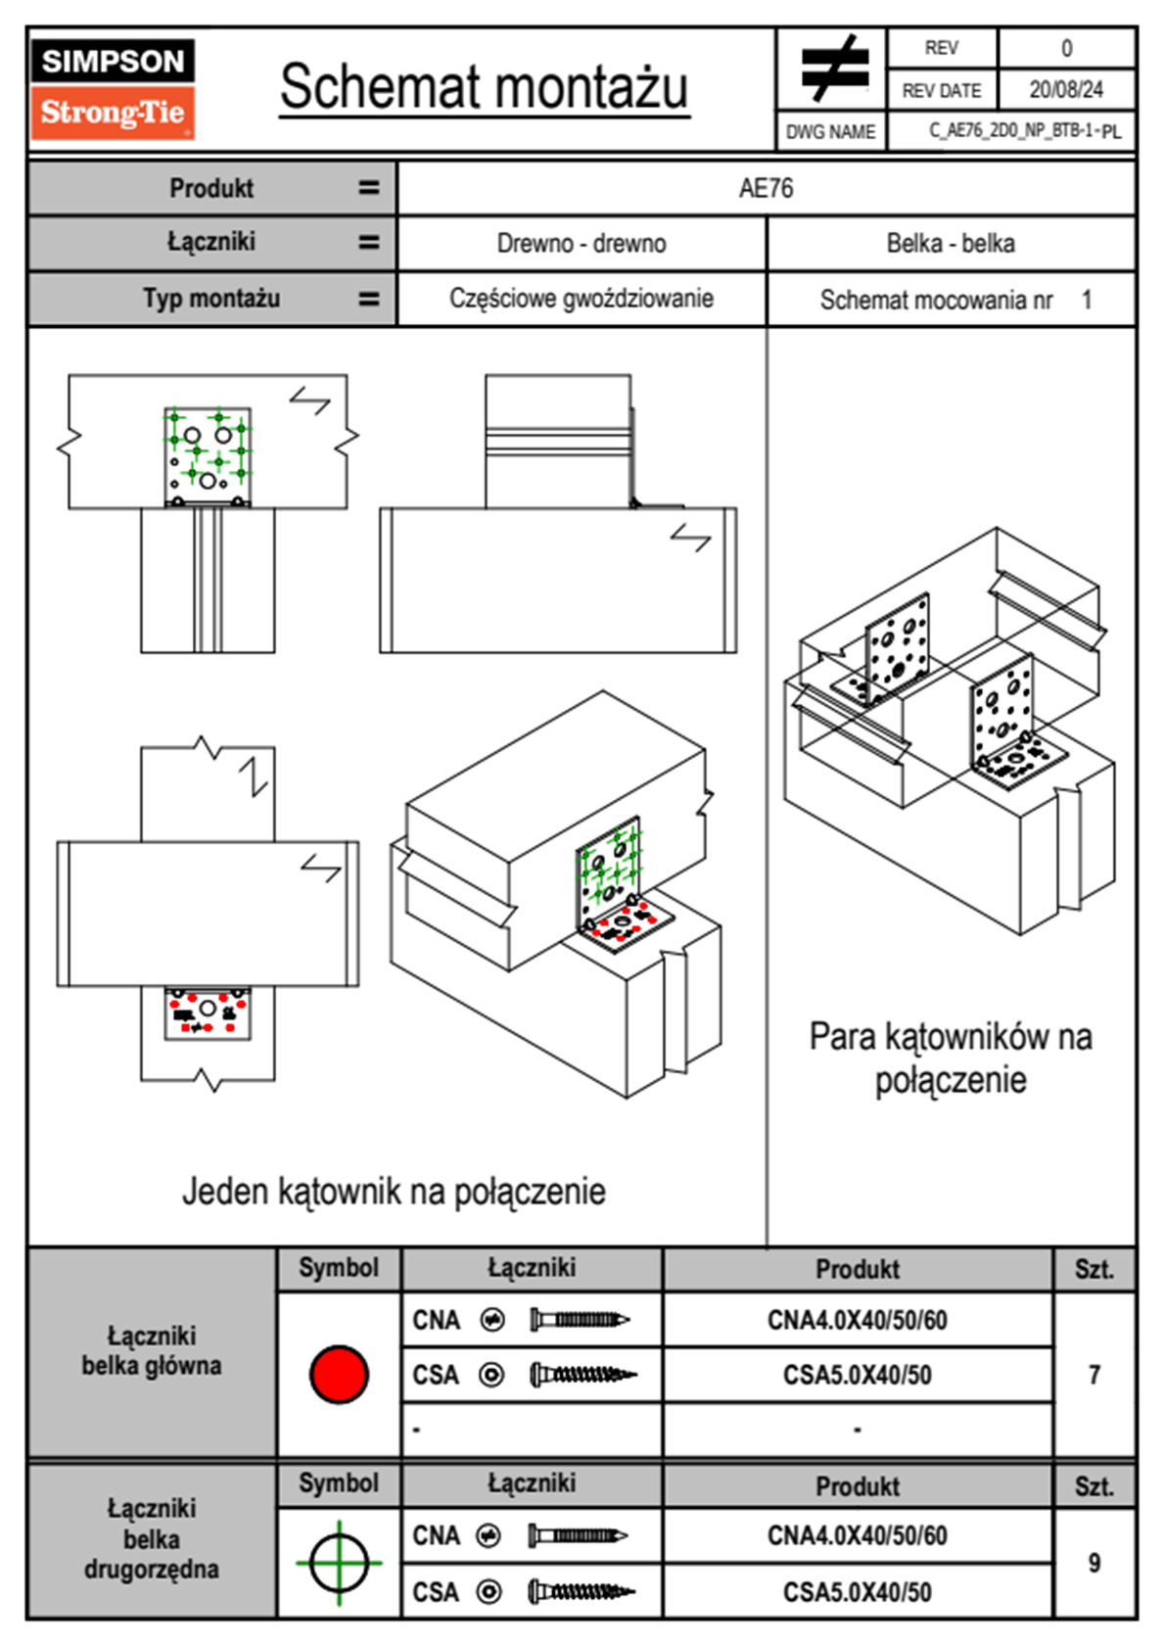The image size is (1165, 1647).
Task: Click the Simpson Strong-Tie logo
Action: point(113,88)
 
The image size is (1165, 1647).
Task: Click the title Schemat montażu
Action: point(485,88)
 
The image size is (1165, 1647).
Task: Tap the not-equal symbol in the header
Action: point(833,69)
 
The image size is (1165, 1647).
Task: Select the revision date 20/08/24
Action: point(1065,90)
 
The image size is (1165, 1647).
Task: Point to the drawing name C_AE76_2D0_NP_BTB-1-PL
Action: point(1024,131)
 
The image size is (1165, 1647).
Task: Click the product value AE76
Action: point(766,188)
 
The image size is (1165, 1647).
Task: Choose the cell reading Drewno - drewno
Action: point(582,243)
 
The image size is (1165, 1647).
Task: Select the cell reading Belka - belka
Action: point(951,243)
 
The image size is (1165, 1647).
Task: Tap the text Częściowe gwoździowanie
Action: point(582,299)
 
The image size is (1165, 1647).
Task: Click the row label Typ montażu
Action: point(211,299)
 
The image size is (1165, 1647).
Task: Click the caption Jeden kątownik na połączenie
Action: point(394,1192)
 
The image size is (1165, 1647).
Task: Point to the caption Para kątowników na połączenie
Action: point(951,1059)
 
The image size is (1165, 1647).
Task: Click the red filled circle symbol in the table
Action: point(339,1374)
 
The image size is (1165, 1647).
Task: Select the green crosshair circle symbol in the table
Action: point(339,1562)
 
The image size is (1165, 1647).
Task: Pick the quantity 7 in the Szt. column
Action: point(1095,1375)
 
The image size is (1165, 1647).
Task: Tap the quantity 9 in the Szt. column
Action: point(1095,1563)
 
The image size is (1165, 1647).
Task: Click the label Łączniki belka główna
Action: point(152,1350)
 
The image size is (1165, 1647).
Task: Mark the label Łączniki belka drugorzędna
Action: point(152,1538)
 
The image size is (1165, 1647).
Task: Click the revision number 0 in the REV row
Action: point(1066,48)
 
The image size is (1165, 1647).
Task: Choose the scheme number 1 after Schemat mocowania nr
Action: point(1087,300)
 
